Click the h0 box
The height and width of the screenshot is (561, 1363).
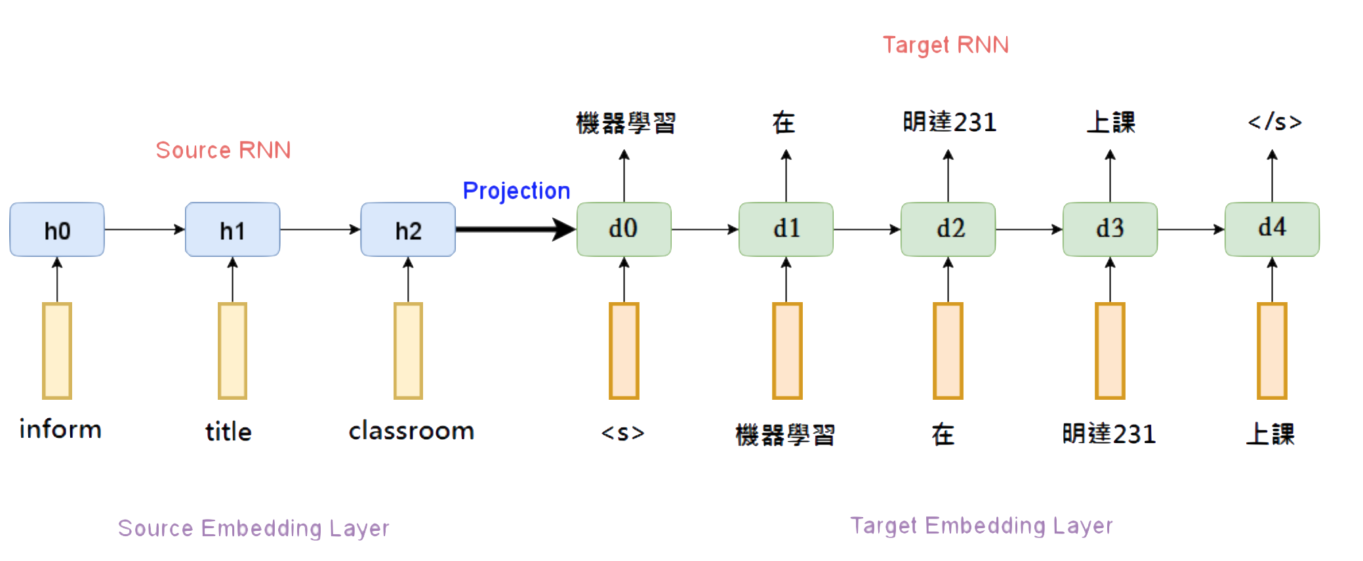click(x=57, y=229)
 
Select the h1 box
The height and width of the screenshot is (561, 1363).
click(x=232, y=229)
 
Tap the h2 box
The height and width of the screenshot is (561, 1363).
click(x=408, y=229)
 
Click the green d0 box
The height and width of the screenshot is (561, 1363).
click(x=623, y=229)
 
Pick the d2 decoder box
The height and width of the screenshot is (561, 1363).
click(x=948, y=229)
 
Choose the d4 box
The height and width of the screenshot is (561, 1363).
click(x=1272, y=229)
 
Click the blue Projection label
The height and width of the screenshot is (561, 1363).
click(x=516, y=191)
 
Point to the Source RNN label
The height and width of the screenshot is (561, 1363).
click(x=223, y=150)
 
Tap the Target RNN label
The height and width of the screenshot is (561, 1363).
click(x=945, y=45)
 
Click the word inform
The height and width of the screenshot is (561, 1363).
click(x=60, y=430)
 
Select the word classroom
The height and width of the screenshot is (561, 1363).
click(x=411, y=431)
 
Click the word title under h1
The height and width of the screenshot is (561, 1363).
click(x=228, y=432)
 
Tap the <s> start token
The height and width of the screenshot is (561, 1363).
click(x=623, y=433)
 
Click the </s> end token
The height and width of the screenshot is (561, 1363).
click(x=1274, y=122)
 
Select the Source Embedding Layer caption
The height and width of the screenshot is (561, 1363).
click(x=253, y=528)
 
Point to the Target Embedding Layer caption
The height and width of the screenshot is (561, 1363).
click(x=981, y=526)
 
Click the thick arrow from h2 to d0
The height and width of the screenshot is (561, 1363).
click(x=515, y=229)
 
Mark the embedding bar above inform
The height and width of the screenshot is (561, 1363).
click(x=57, y=351)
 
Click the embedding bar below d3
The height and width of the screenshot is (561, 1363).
click(x=1110, y=351)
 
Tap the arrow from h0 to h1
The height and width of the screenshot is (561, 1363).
click(x=144, y=229)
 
